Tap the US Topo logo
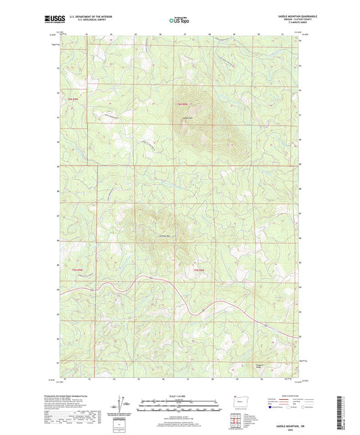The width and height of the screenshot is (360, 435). [178, 21]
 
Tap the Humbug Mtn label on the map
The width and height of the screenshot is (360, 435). [162, 234]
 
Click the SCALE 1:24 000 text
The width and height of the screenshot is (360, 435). [180, 395]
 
